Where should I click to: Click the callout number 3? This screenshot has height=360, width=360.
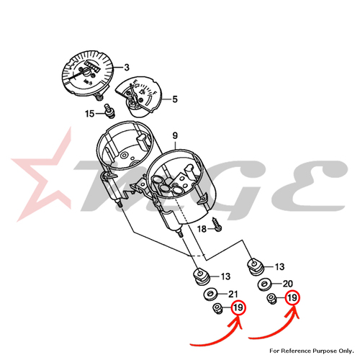127,68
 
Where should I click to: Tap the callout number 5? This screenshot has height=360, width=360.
175,99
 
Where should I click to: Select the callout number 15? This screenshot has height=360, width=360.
90,114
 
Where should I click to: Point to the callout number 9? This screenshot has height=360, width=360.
175,135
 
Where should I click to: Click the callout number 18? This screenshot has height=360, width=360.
202,229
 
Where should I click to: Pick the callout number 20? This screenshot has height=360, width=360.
288,284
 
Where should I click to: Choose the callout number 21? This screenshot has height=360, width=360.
233,294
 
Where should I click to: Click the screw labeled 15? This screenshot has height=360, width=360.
109,111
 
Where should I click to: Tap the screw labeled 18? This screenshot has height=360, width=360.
217,225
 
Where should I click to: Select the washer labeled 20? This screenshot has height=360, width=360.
264,284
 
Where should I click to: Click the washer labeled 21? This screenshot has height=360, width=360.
210,294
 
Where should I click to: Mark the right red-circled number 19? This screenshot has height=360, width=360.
292,298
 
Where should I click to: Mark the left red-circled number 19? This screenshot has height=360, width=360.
238,307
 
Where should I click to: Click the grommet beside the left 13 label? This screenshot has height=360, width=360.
202,276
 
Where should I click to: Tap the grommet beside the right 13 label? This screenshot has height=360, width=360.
256,266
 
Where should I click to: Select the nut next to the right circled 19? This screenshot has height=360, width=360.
272,299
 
